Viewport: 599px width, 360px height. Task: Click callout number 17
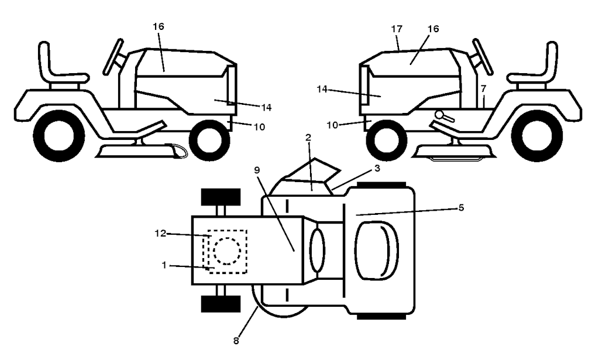pyautogui.click(x=397, y=29)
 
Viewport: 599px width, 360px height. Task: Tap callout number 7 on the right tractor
pyautogui.click(x=483, y=88)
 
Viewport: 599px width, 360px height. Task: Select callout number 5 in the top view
pyautogui.click(x=461, y=208)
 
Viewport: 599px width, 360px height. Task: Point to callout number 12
pyautogui.click(x=160, y=233)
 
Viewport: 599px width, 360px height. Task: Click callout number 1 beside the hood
pyautogui.click(x=164, y=265)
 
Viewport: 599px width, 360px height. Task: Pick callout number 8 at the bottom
pyautogui.click(x=236, y=341)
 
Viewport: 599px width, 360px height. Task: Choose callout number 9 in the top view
pyautogui.click(x=257, y=170)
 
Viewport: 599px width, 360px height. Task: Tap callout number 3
pyautogui.click(x=377, y=168)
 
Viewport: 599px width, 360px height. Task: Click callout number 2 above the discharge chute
pyautogui.click(x=308, y=138)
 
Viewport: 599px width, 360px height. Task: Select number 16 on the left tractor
pyautogui.click(x=158, y=26)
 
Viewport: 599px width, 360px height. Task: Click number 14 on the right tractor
pyautogui.click(x=322, y=90)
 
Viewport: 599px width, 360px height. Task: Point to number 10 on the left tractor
pyautogui.click(x=259, y=127)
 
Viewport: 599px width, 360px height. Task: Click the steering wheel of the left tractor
pyautogui.click(x=113, y=56)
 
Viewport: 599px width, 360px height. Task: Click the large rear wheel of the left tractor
pyautogui.click(x=59, y=136)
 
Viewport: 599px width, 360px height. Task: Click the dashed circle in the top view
pyautogui.click(x=227, y=251)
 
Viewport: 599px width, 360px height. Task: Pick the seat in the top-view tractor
pyautogui.click(x=377, y=252)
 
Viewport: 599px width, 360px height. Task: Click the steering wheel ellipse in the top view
pyautogui.click(x=317, y=251)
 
